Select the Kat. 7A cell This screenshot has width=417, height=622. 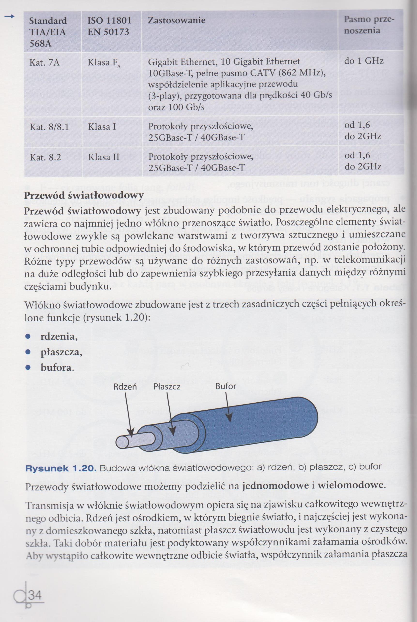pyautogui.click(x=45, y=63)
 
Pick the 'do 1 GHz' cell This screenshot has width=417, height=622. pyautogui.click(x=364, y=61)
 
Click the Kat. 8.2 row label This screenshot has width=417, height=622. pyautogui.click(x=45, y=157)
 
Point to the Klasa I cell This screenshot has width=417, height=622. pyautogui.click(x=102, y=127)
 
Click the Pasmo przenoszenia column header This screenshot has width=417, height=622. pyautogui.click(x=369, y=25)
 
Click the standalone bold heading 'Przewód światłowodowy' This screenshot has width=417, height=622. pyautogui.click(x=84, y=195)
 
